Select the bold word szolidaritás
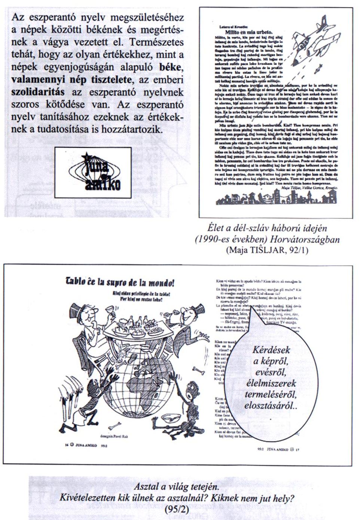(37, 92)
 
